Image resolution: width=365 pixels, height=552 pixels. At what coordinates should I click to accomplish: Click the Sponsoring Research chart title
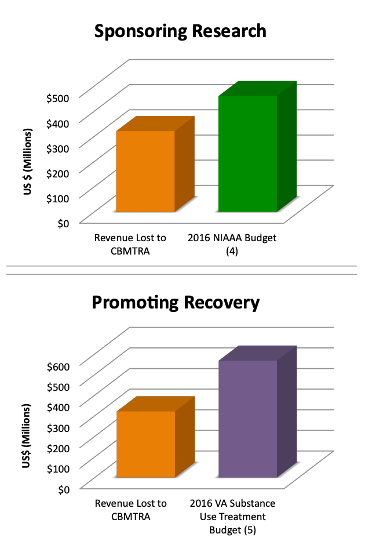point(180,31)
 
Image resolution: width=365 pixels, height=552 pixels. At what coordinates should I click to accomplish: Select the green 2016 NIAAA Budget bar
point(247,154)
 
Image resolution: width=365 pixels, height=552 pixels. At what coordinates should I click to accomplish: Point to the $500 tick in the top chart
point(57,97)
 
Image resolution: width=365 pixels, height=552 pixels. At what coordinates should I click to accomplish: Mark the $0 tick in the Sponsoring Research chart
point(63,223)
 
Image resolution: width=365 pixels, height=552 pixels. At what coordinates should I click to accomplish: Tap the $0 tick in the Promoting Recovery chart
point(63,489)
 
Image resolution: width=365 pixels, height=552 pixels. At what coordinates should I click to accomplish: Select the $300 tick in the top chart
point(57,147)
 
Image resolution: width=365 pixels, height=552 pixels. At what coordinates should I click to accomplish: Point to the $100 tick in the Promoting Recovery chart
point(57,468)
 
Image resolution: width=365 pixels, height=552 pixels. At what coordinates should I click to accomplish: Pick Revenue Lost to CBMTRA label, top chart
point(130,244)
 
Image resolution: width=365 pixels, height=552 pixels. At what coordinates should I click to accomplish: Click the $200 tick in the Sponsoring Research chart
point(57,173)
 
